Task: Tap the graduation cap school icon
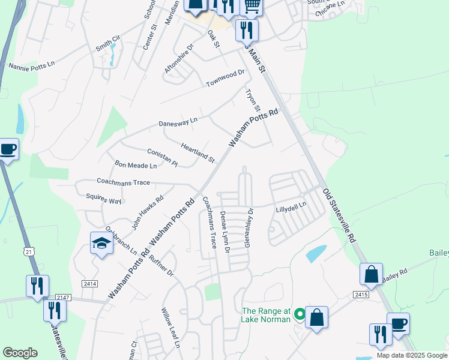point(101,243)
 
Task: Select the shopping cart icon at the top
point(252,6)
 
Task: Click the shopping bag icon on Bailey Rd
point(371,274)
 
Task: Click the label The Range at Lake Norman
point(265,315)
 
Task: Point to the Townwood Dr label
point(226,76)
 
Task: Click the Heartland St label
point(197,152)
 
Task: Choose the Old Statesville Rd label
point(339,215)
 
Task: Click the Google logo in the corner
point(20,353)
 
